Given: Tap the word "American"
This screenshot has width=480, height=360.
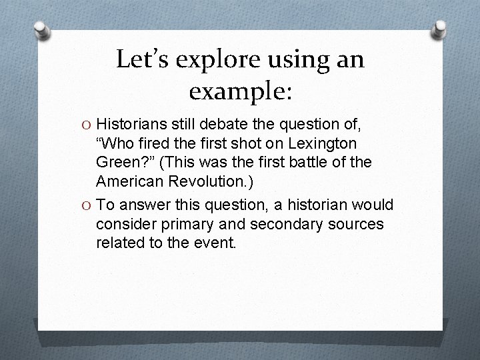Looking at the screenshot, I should coord(131,181).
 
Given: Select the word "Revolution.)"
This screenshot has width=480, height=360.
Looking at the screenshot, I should coord(215,181).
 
